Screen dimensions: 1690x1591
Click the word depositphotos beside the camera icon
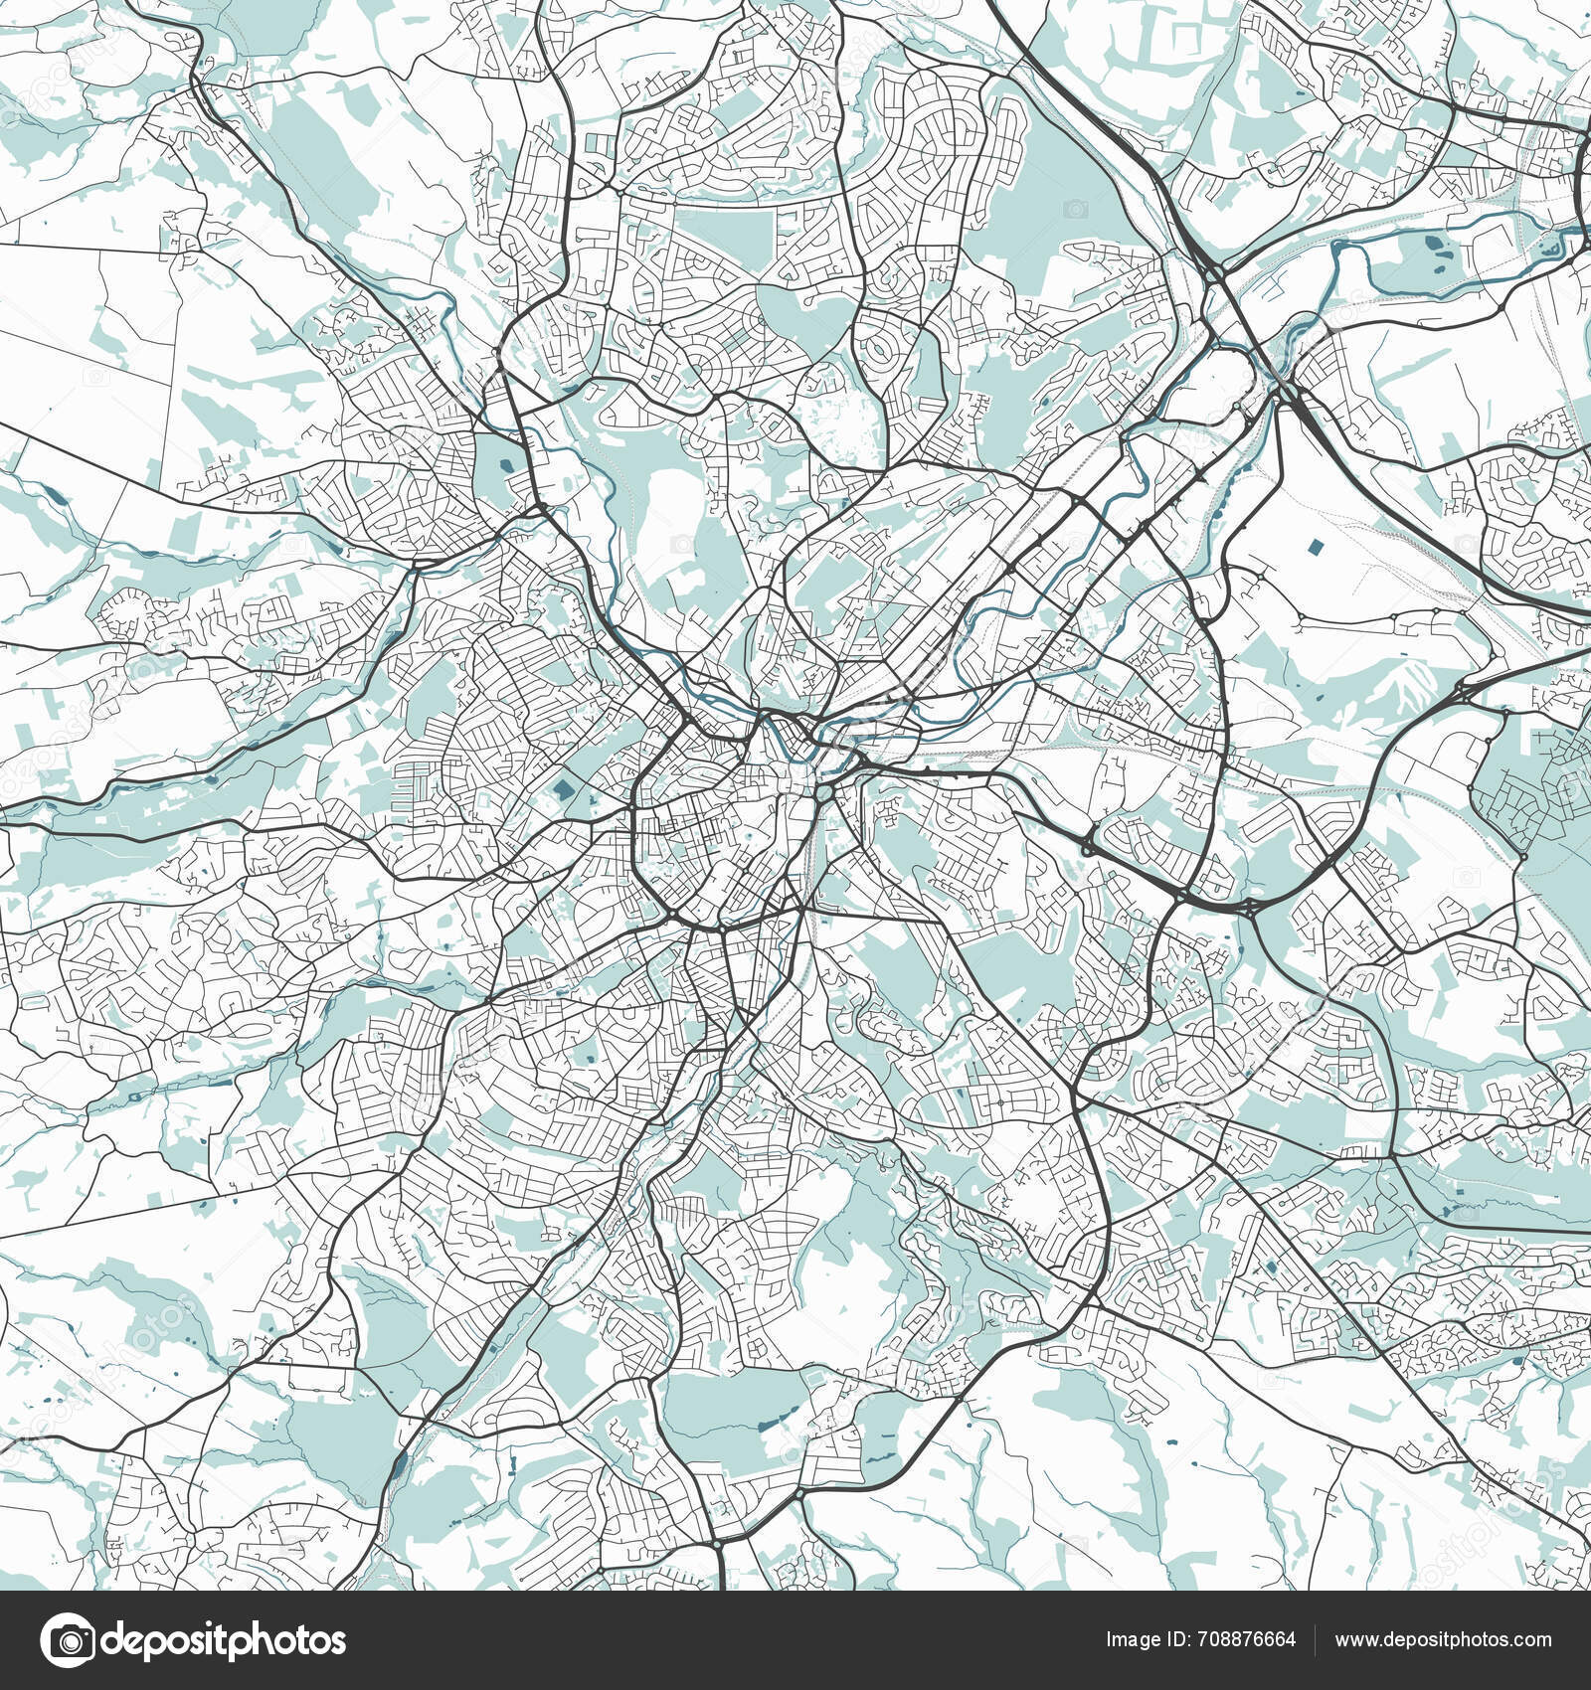[x=224, y=1640]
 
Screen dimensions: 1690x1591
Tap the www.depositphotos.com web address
[x=1443, y=1639]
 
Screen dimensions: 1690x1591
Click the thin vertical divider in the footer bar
[x=1316, y=1639]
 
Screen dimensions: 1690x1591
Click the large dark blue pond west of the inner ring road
[x=563, y=791]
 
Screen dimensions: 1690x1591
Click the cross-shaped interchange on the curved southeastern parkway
[x=1249, y=907]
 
